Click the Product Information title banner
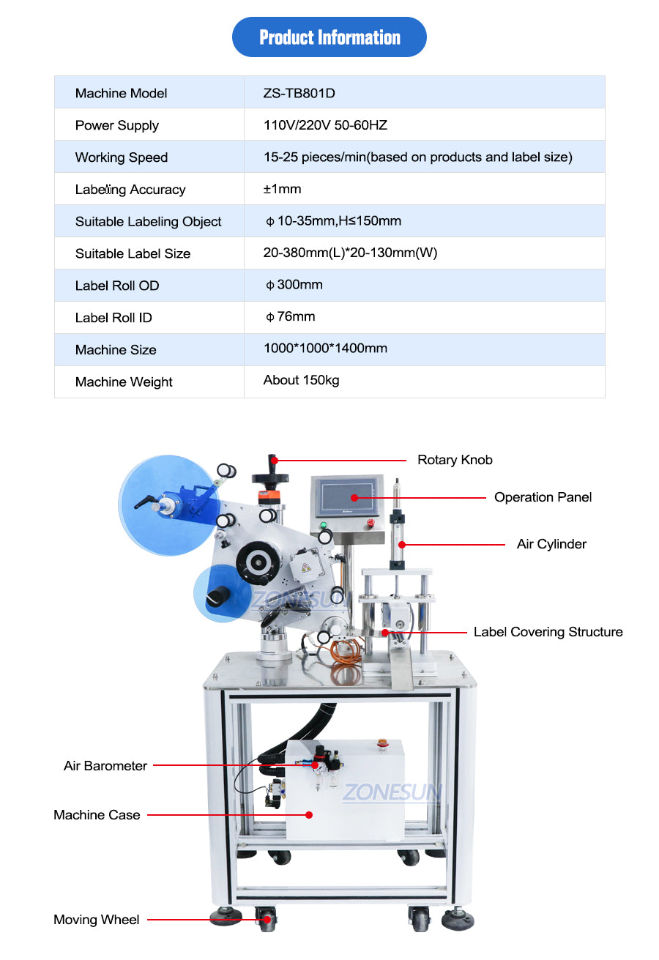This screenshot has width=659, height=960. tap(329, 37)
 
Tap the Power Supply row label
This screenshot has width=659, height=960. tap(117, 125)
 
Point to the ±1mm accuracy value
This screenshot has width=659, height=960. tap(283, 189)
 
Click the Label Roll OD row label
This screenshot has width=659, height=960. tap(117, 286)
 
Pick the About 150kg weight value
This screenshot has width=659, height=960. tap(301, 380)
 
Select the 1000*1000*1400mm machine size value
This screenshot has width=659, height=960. tap(325, 349)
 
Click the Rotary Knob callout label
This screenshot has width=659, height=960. tap(455, 460)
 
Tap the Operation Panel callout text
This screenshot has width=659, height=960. tap(543, 497)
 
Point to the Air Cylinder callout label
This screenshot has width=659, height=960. tap(551, 544)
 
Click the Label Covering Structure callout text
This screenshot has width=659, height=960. tap(548, 632)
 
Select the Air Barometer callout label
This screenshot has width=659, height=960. tap(105, 766)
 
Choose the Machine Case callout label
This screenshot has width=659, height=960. tap(97, 815)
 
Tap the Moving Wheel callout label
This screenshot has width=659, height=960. tap(96, 920)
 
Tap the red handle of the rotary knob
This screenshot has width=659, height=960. tap(272, 462)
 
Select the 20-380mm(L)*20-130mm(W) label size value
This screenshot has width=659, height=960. tap(350, 253)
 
